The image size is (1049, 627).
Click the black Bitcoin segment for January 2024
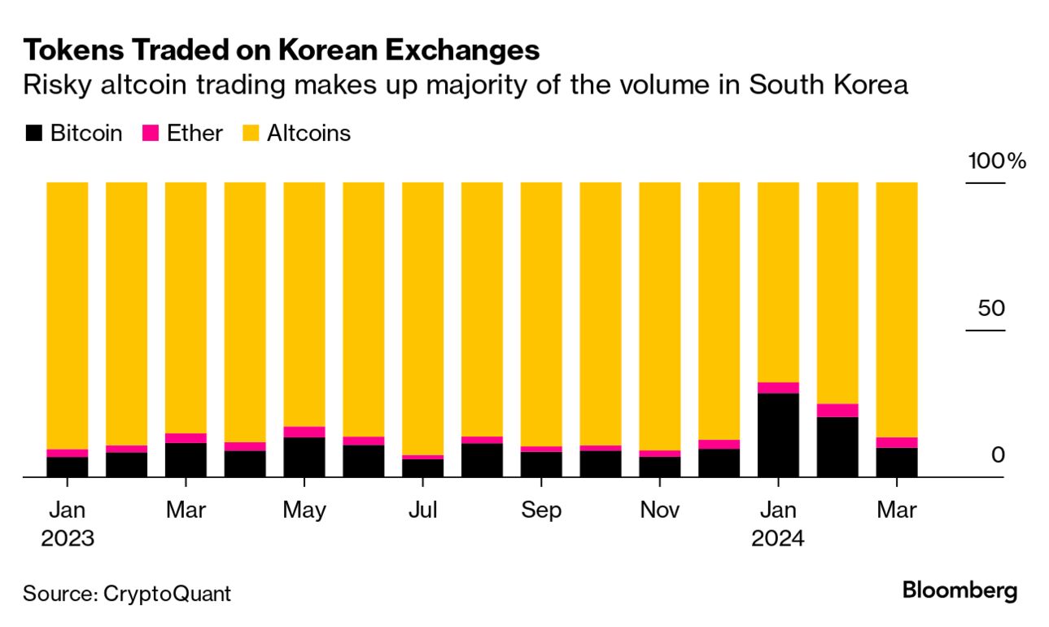click(x=778, y=435)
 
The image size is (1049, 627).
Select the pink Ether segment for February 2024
click(x=837, y=410)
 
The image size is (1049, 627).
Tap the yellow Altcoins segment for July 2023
click(x=423, y=318)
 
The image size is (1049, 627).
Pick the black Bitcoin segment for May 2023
click(x=304, y=457)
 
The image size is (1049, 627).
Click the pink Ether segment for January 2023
click(x=68, y=453)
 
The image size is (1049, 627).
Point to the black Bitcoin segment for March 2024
click(x=896, y=462)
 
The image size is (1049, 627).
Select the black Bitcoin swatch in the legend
click(x=33, y=134)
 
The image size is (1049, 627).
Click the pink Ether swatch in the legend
click(x=151, y=134)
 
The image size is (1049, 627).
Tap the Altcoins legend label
click(x=308, y=134)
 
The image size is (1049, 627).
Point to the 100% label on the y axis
click(x=996, y=161)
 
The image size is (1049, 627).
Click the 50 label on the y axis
click(x=991, y=309)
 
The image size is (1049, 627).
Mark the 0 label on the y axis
click(x=998, y=455)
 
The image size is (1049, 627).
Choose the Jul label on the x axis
click(x=422, y=511)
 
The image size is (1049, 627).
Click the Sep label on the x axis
click(x=541, y=511)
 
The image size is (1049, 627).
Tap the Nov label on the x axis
click(x=659, y=511)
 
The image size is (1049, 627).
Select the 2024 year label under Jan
click(x=778, y=538)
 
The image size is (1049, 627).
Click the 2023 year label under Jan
click(x=68, y=538)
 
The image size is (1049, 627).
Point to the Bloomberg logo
click(x=959, y=590)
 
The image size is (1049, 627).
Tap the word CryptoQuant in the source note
click(x=167, y=594)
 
